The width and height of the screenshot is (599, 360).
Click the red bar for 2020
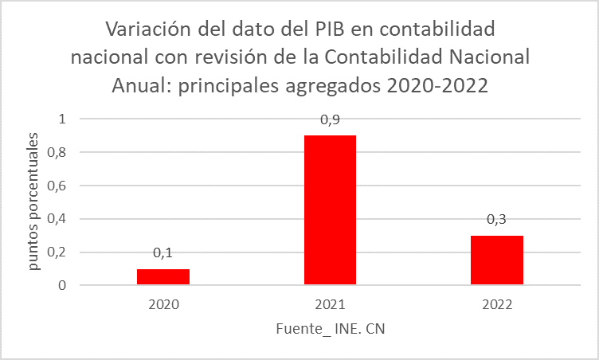[x=163, y=276]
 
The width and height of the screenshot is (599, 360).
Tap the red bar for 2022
[x=497, y=260]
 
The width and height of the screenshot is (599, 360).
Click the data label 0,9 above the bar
[x=330, y=119]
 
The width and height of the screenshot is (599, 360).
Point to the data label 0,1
[x=163, y=252]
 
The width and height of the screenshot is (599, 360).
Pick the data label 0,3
[x=497, y=219]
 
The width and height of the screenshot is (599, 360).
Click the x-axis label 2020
[x=163, y=304]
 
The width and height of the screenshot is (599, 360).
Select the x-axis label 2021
[x=330, y=304]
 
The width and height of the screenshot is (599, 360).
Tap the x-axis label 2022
[x=497, y=304]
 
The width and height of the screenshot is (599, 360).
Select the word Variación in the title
[x=151, y=30]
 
